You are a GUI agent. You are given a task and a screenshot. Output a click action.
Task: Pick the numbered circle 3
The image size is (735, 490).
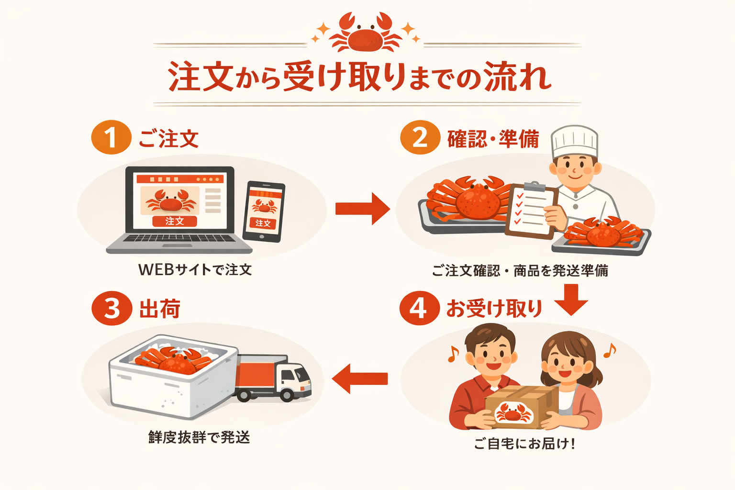click(x=111, y=308)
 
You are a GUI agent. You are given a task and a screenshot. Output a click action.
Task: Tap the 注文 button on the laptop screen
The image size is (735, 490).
click(x=175, y=221)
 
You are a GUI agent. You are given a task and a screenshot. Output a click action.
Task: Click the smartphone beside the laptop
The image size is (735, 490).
click(x=264, y=211)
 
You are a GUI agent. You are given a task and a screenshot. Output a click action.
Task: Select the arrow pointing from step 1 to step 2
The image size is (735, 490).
click(x=362, y=209)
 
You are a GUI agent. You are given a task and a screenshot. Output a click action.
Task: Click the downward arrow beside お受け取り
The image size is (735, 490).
click(x=571, y=300)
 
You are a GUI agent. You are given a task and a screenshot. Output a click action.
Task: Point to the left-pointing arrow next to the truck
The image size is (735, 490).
click(x=360, y=379)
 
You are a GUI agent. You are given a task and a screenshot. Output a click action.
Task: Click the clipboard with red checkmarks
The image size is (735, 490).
click(x=531, y=211)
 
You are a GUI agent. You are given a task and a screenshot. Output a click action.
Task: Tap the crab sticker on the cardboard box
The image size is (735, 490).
click(x=513, y=412)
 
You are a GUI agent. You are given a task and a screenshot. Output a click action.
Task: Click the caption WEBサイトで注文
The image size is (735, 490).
click(x=195, y=270)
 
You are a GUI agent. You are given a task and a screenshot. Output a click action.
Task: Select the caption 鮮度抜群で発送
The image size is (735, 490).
click(x=199, y=437)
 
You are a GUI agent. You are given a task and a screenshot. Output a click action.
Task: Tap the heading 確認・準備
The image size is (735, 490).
click(x=493, y=139)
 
